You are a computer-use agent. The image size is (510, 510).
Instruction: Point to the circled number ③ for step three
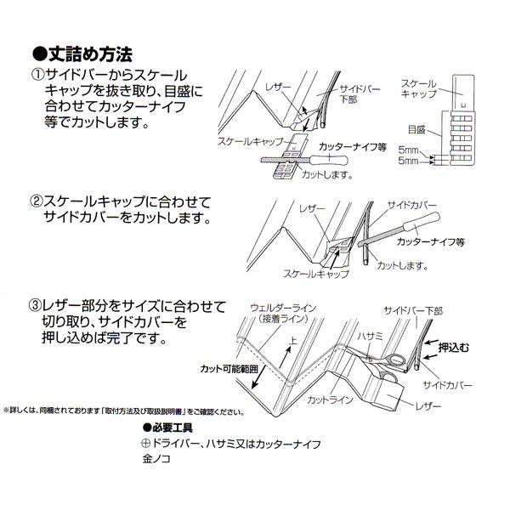37,306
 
